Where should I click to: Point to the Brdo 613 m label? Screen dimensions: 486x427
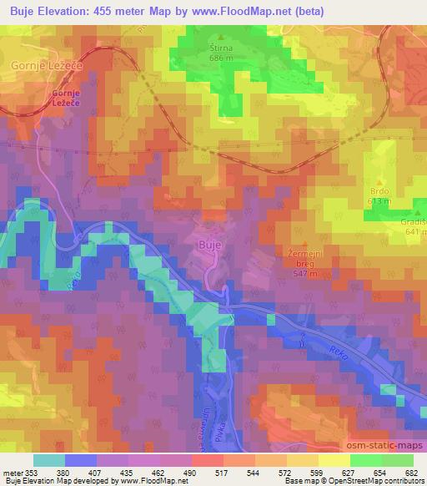[x=379, y=195]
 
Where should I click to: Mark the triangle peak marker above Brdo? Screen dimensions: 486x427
[x=380, y=182]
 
